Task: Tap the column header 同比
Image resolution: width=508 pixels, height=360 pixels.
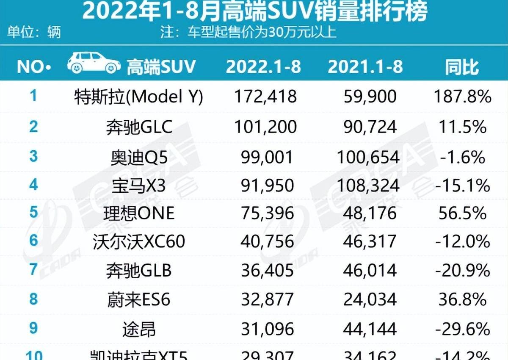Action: [462, 67]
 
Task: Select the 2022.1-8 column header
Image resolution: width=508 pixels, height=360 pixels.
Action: [263, 67]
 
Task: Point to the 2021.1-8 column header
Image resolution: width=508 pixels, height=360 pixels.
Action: [365, 67]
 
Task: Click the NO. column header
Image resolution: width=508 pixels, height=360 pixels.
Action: [34, 67]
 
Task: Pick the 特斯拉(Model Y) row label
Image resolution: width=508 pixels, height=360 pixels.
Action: [138, 97]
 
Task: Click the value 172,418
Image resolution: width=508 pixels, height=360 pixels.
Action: [265, 97]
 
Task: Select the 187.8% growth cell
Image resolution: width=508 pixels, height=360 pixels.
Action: [462, 97]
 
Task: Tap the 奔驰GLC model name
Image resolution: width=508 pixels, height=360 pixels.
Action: [139, 127]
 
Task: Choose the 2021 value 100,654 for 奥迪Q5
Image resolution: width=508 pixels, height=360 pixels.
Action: [368, 157]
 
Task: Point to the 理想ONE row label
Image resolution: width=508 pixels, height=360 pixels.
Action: [138, 213]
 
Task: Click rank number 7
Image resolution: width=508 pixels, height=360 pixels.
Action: [33, 270]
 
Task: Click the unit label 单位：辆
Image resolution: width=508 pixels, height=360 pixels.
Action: [34, 32]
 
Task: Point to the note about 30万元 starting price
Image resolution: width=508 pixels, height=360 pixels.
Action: [248, 32]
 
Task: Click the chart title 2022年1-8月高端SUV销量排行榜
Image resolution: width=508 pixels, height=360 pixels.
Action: [254, 12]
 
